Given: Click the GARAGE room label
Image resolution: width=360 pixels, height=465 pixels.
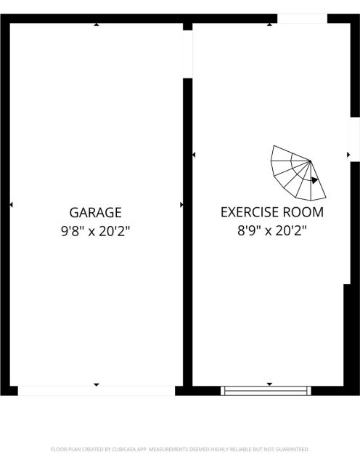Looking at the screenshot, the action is [x=95, y=213].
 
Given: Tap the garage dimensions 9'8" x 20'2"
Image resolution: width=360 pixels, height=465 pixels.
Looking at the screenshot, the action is [x=95, y=231].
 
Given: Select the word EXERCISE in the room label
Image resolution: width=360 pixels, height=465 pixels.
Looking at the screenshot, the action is [x=250, y=212].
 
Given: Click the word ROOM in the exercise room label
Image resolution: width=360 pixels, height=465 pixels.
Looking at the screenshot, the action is [x=303, y=212].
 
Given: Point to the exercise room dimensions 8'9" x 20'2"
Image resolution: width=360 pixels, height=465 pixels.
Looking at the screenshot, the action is [x=272, y=230].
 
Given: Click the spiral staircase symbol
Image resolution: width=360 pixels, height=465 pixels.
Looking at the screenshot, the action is [x=298, y=173].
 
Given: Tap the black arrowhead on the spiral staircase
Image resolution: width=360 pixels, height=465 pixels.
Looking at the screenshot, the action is [x=315, y=180].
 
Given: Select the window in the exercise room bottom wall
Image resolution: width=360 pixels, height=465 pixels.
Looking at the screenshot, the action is [x=266, y=391].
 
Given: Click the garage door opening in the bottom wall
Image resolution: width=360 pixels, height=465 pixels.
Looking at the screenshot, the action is [x=97, y=391].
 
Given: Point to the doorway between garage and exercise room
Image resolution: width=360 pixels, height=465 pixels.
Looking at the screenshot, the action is [x=187, y=54].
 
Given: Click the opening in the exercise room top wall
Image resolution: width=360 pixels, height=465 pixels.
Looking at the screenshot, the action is [x=302, y=18].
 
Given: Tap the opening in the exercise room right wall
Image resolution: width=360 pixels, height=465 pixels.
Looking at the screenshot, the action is [x=355, y=139].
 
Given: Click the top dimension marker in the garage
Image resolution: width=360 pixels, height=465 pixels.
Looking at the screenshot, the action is [x=97, y=25].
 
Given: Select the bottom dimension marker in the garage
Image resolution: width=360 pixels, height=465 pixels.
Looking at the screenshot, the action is [x=97, y=384].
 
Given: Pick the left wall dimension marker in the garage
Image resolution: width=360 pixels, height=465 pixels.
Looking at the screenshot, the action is [x=12, y=205].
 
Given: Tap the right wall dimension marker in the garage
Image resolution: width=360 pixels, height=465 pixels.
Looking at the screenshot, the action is [x=181, y=205].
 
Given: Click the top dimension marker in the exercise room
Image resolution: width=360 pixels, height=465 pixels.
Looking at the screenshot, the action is [x=269, y=25].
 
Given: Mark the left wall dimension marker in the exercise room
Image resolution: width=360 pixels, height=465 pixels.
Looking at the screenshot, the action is [x=194, y=155].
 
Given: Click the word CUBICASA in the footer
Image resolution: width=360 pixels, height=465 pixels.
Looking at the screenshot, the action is [x=123, y=450].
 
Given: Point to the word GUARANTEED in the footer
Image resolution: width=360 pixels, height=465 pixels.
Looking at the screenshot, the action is [x=292, y=450].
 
